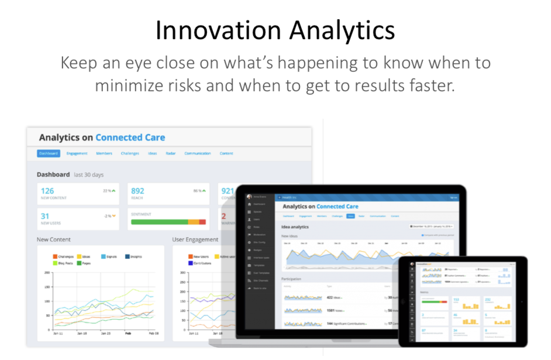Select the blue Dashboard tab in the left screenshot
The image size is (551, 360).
(x=49, y=153)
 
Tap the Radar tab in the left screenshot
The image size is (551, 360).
(x=170, y=153)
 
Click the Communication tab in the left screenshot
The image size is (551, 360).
(x=197, y=153)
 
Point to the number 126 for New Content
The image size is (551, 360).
(x=47, y=191)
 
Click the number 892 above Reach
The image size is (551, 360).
(x=137, y=191)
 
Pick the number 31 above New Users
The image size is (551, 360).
(x=45, y=216)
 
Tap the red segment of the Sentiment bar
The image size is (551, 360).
(x=202, y=222)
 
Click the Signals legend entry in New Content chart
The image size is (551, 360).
(x=111, y=256)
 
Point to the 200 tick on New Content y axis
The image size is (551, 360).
(x=47, y=273)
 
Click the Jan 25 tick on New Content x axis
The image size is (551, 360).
(x=105, y=333)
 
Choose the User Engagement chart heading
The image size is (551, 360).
(x=195, y=239)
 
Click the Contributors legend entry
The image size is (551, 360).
(x=202, y=263)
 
